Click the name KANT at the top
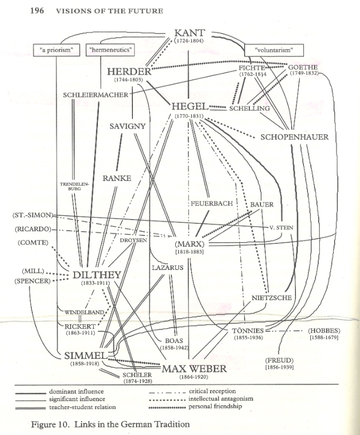pos(189,33)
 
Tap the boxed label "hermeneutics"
pos(110,50)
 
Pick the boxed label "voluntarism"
pos(274,50)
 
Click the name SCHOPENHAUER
pos(294,137)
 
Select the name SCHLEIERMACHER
pos(95,95)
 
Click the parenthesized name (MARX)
pos(189,244)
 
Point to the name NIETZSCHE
pos(272,298)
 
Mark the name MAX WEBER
pos(194,368)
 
